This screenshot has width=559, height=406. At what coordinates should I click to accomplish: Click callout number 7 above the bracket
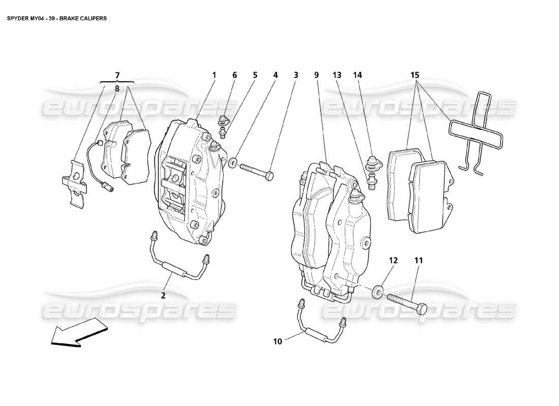point(117,75)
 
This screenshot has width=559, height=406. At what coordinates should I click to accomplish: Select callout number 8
point(117,87)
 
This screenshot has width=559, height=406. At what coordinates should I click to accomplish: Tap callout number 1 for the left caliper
point(214,75)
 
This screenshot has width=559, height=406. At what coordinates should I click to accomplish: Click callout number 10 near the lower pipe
point(278,342)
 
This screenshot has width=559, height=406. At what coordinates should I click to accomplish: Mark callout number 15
point(415,75)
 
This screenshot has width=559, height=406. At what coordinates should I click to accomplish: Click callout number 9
point(316,75)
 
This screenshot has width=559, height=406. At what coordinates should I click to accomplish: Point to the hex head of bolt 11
point(421,308)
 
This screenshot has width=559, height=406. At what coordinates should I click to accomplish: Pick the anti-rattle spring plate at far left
point(74,183)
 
